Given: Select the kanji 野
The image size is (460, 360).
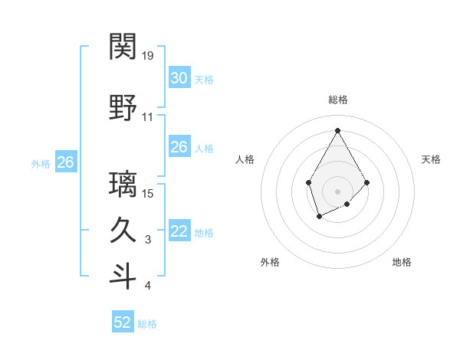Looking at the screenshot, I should [123, 107].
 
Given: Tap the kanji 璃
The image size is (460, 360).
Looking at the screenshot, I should [123, 184].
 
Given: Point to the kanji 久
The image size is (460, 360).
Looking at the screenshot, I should [123, 230].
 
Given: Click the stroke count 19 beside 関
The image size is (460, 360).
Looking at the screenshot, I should [148, 56].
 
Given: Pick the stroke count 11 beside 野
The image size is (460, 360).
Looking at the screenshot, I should [148, 117].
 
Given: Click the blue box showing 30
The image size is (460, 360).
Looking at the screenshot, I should [179, 77].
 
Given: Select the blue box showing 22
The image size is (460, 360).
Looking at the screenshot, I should [179, 231].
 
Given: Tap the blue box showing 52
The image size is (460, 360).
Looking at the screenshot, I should [123, 322].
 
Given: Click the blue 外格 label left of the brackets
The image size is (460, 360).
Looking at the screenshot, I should [41, 163].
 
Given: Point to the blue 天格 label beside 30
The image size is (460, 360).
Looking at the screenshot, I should [204, 79].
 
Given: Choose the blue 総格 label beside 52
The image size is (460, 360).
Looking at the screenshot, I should [147, 324].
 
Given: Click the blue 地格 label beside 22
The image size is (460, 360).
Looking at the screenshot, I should [204, 233].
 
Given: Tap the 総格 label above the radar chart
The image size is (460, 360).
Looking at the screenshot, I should [337, 100].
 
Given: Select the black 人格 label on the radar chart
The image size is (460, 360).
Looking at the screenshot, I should [245, 159].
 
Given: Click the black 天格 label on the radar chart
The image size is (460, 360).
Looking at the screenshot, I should [431, 159].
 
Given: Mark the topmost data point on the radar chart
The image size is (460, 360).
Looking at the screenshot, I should [337, 130].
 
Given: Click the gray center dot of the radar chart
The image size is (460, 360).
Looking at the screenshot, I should [337, 191].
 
